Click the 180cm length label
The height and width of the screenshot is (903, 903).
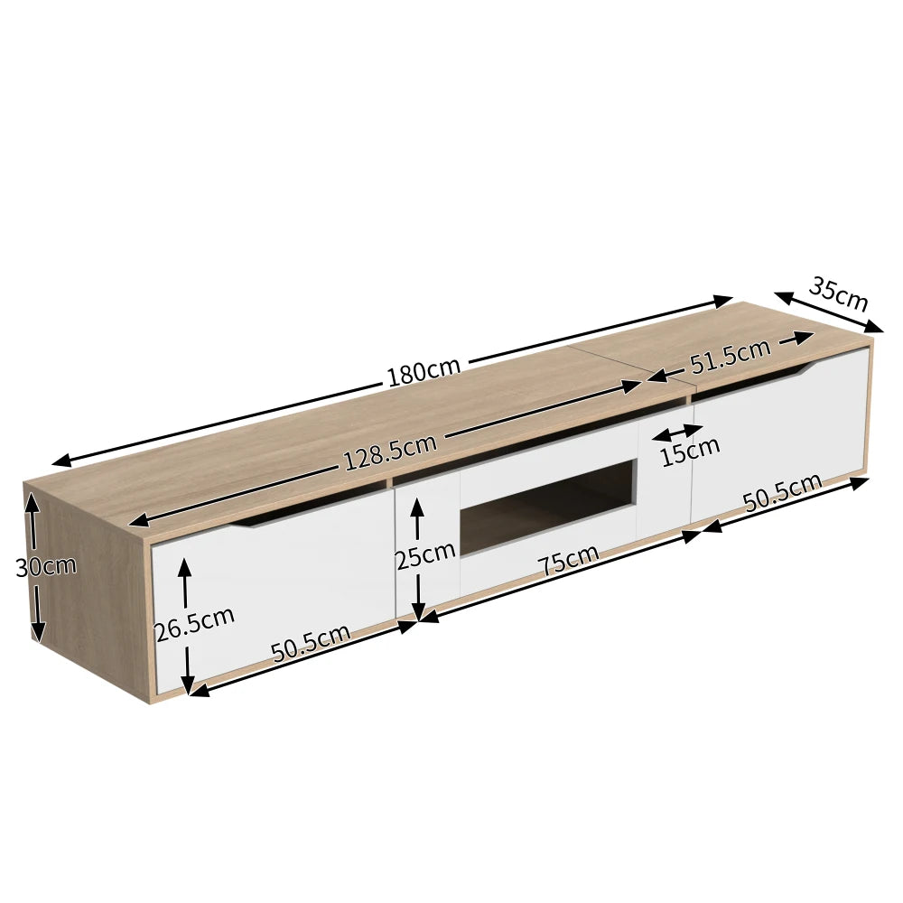(x=424, y=371)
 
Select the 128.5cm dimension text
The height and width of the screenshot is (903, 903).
(x=390, y=453)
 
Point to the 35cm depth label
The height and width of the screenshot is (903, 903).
(x=838, y=291)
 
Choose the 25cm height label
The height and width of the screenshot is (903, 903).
(x=425, y=554)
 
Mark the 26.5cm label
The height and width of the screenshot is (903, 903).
(x=194, y=623)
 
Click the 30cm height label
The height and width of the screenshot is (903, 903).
(x=46, y=567)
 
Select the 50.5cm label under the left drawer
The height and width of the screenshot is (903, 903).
(x=311, y=643)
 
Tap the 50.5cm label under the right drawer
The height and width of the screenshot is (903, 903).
(x=782, y=493)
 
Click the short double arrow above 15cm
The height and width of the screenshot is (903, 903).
(x=677, y=432)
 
